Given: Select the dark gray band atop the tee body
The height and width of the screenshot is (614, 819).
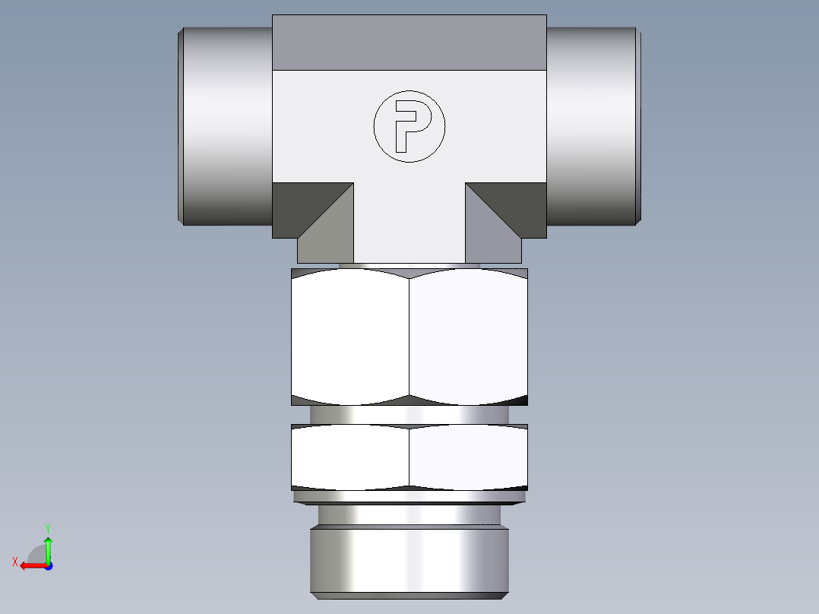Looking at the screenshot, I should coord(409,42).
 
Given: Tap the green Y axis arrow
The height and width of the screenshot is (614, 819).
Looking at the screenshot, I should coord(48,547).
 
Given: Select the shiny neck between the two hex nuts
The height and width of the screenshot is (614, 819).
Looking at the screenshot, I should coord(409,415).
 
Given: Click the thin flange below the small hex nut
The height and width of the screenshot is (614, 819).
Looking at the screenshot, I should coord(409,497).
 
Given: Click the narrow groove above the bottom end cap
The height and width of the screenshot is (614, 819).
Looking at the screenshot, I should coord(409,515).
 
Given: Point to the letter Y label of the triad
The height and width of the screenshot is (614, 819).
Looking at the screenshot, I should coord(47,527).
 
